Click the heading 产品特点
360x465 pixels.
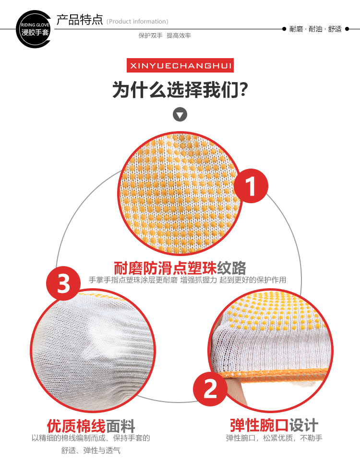pyautogui.click(x=79, y=20)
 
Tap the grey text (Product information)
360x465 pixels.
pyautogui.click(x=137, y=21)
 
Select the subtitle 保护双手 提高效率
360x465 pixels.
pyautogui.click(x=165, y=36)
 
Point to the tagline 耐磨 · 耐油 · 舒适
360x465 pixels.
pyautogui.click(x=315, y=29)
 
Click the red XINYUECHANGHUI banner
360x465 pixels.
pyautogui.click(x=180, y=65)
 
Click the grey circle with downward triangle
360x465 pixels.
pyautogui.click(x=180, y=114)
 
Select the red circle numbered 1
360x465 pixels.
pyautogui.click(x=251, y=185)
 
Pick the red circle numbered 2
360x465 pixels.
pyautogui.click(x=210, y=389)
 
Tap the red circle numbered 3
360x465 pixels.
pyautogui.click(x=63, y=283)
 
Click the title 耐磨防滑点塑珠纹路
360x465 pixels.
pyautogui.click(x=180, y=268)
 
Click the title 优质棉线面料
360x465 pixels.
pyautogui.click(x=91, y=426)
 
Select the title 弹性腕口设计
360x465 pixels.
pyautogui.click(x=274, y=425)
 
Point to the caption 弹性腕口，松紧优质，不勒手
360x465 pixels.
pyautogui.click(x=274, y=438)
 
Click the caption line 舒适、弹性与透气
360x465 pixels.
pyautogui.click(x=91, y=451)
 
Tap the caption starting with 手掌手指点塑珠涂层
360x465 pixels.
pyautogui.click(x=188, y=280)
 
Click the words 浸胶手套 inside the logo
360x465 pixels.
pyautogui.click(x=35, y=32)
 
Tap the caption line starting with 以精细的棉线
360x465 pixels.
pyautogui.click(x=91, y=438)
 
